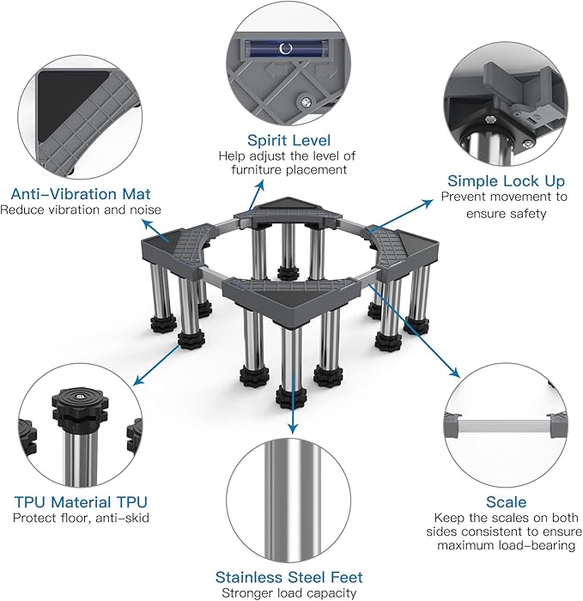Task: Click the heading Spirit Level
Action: (288, 141)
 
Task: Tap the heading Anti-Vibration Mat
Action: (81, 194)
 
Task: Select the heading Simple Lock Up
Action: (506, 181)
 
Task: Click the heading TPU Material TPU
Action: (81, 501)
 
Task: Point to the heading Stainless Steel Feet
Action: (288, 577)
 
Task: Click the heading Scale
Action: (506, 501)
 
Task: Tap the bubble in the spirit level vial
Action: (286, 48)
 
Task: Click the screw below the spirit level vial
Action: (305, 101)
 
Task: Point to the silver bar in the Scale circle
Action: (504, 426)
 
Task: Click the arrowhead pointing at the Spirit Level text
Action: (261, 184)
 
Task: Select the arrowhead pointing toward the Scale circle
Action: (454, 373)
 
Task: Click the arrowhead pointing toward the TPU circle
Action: (139, 380)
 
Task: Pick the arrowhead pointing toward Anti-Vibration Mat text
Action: (147, 223)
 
